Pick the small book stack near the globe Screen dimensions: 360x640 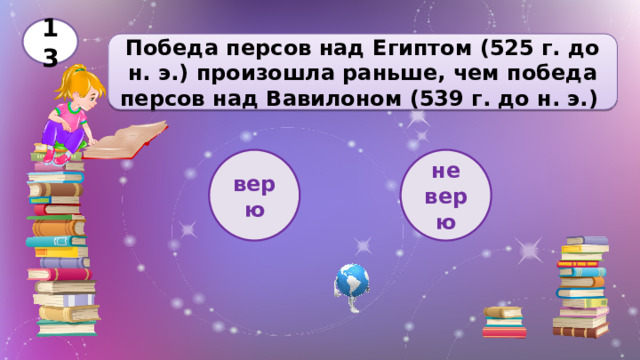503,322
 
